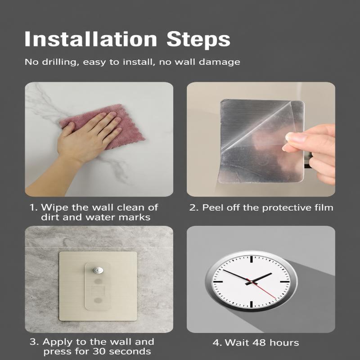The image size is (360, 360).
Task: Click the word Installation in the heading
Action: (x=91, y=39)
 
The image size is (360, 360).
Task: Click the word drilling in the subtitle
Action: (x=60, y=62)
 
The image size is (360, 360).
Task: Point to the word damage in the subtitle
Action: (x=220, y=62)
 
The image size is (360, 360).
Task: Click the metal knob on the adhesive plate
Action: (x=98, y=270)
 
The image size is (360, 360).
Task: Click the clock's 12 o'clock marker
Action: (x=252, y=259)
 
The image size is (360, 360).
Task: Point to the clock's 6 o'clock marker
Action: (x=252, y=304)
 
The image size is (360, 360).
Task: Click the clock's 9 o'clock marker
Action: (x=218, y=282)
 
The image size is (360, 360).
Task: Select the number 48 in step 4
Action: (x=259, y=342)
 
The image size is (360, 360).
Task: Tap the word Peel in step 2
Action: (x=212, y=207)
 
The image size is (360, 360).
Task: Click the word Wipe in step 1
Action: (x=54, y=207)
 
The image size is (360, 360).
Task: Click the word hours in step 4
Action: (x=284, y=342)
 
